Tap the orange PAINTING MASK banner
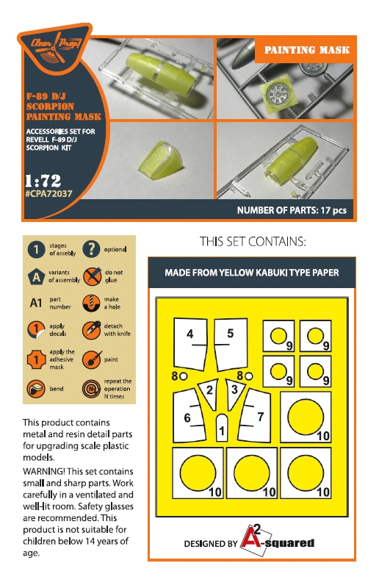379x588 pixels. click(306, 50)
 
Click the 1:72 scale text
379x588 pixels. click(43, 181)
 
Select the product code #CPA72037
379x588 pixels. click(48, 194)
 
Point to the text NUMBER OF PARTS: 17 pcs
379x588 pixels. click(292, 210)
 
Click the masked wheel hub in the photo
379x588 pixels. click(278, 93)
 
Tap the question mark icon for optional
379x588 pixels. click(91, 249)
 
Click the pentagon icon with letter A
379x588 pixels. click(36, 277)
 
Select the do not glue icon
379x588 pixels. click(92, 276)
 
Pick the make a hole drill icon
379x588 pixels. click(92, 303)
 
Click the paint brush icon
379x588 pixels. click(92, 359)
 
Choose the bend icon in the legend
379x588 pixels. click(36, 389)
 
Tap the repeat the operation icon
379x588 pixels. click(92, 389)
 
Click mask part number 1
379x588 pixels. click(222, 428)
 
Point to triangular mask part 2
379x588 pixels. click(209, 393)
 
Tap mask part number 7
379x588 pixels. click(255, 415)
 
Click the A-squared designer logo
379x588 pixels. click(277, 541)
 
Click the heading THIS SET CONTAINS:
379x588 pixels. click(253, 242)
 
